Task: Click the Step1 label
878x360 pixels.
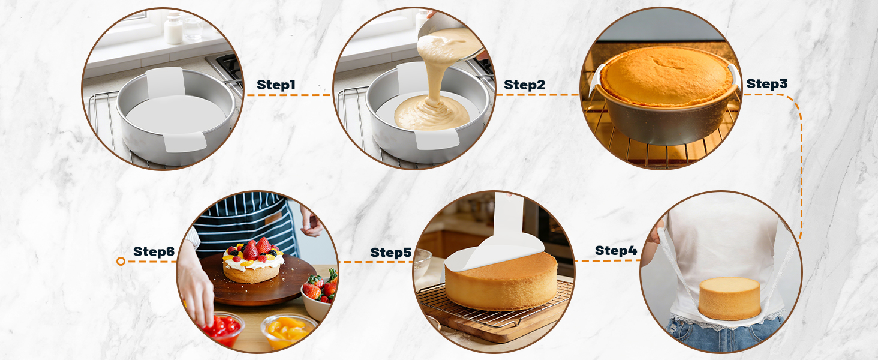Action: [x=276, y=85]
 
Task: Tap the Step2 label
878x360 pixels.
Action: [x=524, y=85]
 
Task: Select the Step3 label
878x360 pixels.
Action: [x=766, y=83]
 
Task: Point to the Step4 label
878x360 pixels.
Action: [x=616, y=251]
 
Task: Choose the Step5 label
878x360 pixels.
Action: [x=391, y=253]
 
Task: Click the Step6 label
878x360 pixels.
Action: [x=154, y=251]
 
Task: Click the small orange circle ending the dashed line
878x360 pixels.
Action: [x=121, y=261]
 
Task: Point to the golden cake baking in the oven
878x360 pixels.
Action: [x=666, y=76]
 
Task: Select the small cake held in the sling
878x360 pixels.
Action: [x=729, y=298]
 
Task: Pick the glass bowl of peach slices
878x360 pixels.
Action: [x=289, y=331]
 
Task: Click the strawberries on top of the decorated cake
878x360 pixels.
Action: [x=257, y=249]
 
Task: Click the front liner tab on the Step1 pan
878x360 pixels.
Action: [x=185, y=142]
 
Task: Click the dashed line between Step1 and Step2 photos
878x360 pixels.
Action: [x=288, y=95]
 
